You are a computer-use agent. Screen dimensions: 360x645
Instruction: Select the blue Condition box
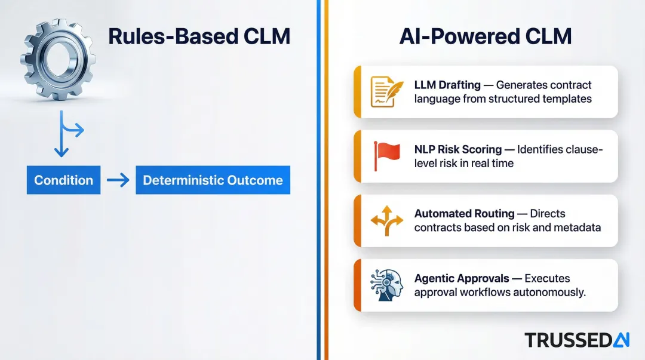(63, 180)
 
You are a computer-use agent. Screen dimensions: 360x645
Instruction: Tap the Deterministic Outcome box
(213, 180)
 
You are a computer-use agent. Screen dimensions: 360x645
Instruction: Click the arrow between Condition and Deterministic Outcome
(118, 180)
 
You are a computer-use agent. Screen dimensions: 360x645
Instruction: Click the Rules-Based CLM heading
(199, 37)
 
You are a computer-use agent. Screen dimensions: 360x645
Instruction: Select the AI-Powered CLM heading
(485, 37)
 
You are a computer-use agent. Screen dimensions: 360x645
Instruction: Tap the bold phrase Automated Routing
(464, 214)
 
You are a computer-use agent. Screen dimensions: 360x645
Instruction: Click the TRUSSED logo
(577, 340)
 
